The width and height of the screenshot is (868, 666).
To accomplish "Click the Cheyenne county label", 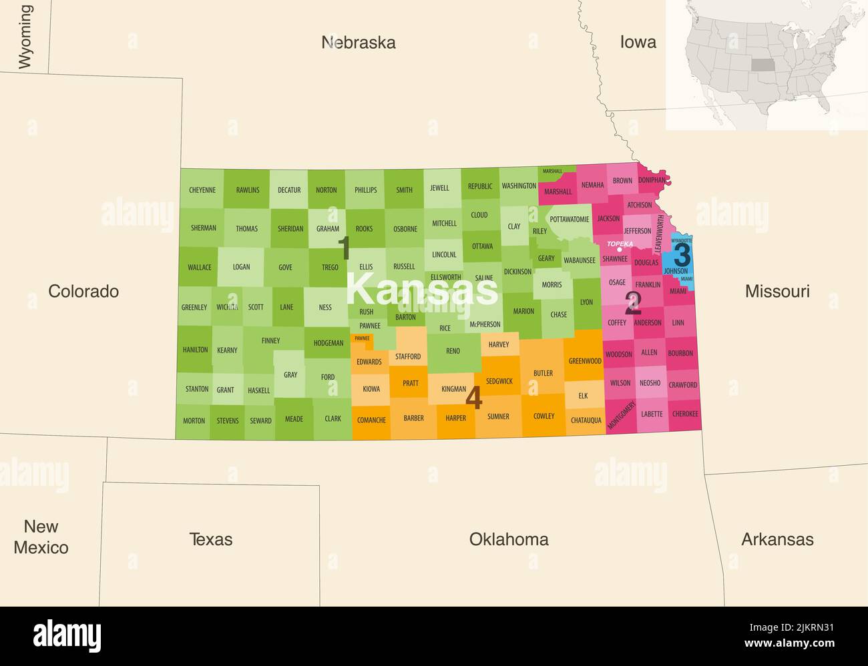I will coord(202,190).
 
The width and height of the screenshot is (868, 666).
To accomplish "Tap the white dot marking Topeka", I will coord(620,250).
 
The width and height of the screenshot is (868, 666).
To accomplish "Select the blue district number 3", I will coord(682,255).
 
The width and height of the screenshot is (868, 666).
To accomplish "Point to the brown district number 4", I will coord(473,398).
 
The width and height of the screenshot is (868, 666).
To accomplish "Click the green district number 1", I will coord(345,248).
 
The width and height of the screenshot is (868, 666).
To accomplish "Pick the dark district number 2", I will coord(632,304).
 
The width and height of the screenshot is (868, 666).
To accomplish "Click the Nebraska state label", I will coord(359,43).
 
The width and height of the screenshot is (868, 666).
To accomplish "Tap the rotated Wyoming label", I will coord(25,37).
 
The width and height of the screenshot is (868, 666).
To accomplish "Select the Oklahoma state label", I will coord(509,539).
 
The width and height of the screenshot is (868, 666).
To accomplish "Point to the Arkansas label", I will coord(777,539).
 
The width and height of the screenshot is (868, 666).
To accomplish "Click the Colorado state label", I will coord(83,291).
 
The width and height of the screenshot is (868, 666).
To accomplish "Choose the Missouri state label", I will coord(777,291).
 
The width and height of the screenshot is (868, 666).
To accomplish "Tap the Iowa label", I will coord(638,42).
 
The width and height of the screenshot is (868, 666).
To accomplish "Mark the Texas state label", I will coord(211,539).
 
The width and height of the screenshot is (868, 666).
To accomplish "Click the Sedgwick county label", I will coord(499,381).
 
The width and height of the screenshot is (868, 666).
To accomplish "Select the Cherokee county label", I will coord(685,414).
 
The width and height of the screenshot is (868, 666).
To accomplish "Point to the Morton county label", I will coord(194,420).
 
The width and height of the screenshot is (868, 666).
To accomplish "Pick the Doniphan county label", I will coord(652,180).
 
